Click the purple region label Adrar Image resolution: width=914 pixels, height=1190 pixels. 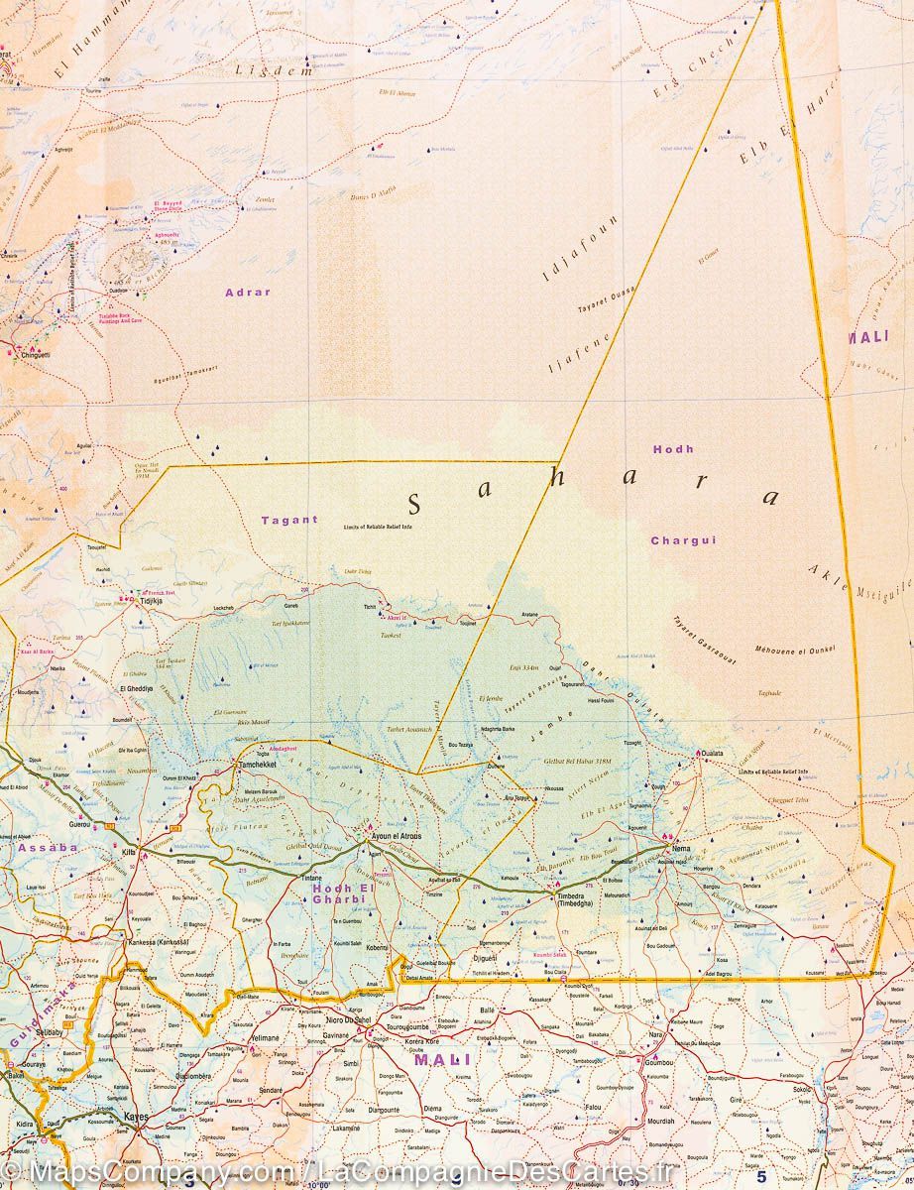click(x=248, y=293)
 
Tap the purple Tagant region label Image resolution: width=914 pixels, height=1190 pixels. click(x=289, y=520)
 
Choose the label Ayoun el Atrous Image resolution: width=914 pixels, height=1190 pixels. click(x=396, y=837)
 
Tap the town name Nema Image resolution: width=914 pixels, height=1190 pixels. click(x=681, y=850)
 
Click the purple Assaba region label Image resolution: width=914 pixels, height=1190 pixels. click(x=48, y=848)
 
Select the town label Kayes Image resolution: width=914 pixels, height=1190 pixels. click(x=136, y=1118)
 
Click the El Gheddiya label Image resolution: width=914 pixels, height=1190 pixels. click(x=137, y=688)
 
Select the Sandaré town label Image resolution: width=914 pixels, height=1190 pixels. click(x=272, y=1090)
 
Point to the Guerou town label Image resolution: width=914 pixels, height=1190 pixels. click(x=79, y=824)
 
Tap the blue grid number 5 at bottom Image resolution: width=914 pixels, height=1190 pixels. click(x=761, y=1177)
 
